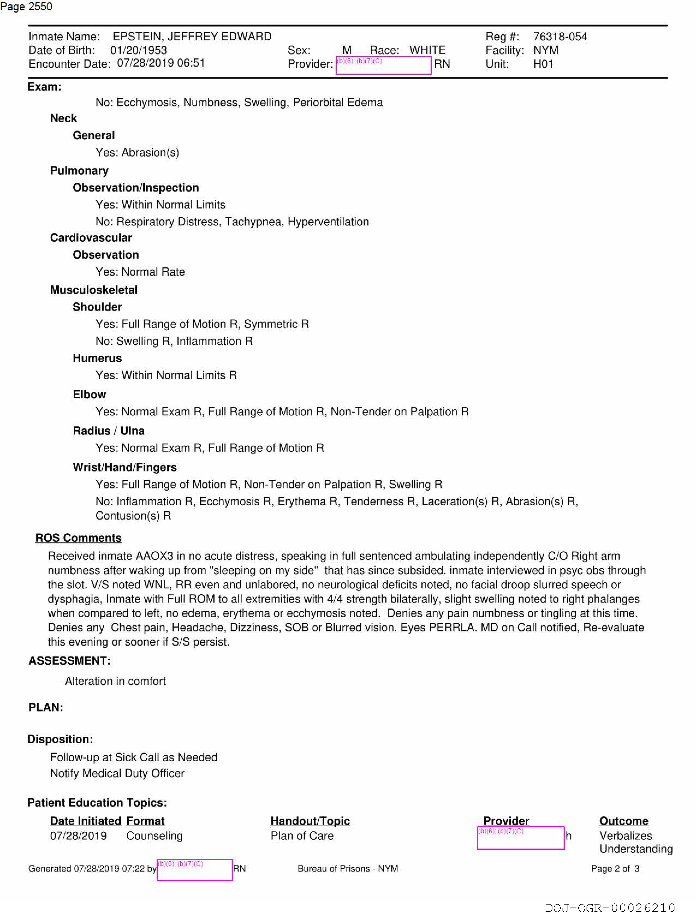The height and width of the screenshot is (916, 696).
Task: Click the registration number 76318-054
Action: (560, 37)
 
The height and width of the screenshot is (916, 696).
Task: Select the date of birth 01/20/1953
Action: (138, 50)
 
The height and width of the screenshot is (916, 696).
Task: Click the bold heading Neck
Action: (63, 118)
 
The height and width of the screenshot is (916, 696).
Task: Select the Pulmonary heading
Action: (79, 171)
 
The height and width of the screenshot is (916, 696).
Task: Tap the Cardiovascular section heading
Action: (91, 238)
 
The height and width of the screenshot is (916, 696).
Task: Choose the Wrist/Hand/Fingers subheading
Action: (125, 467)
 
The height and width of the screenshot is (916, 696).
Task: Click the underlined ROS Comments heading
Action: (78, 538)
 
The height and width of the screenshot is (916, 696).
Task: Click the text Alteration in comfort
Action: (115, 681)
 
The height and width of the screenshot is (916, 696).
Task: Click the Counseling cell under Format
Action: (154, 836)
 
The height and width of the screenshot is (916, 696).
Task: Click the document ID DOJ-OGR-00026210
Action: (610, 908)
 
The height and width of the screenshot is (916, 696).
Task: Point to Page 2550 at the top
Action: (26, 7)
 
